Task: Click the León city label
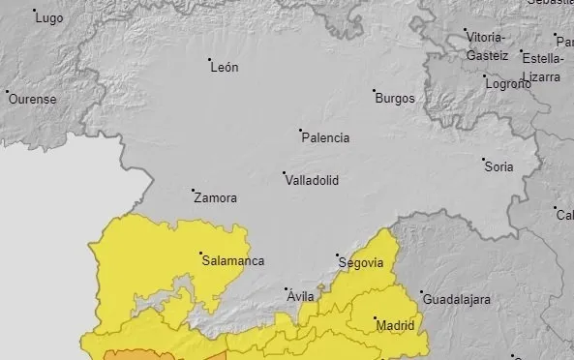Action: (x=224, y=68)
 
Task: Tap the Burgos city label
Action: (x=395, y=99)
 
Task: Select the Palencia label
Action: (x=326, y=138)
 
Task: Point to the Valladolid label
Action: (x=312, y=180)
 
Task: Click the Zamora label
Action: (x=215, y=198)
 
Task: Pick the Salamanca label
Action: (x=232, y=260)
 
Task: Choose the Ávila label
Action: (x=301, y=297)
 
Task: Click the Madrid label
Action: (x=395, y=326)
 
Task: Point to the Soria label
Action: (x=498, y=167)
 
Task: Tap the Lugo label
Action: (x=48, y=17)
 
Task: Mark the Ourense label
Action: (x=33, y=99)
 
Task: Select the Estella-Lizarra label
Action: (x=541, y=66)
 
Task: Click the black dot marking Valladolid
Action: (x=285, y=174)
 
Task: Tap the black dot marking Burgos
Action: (x=376, y=92)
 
